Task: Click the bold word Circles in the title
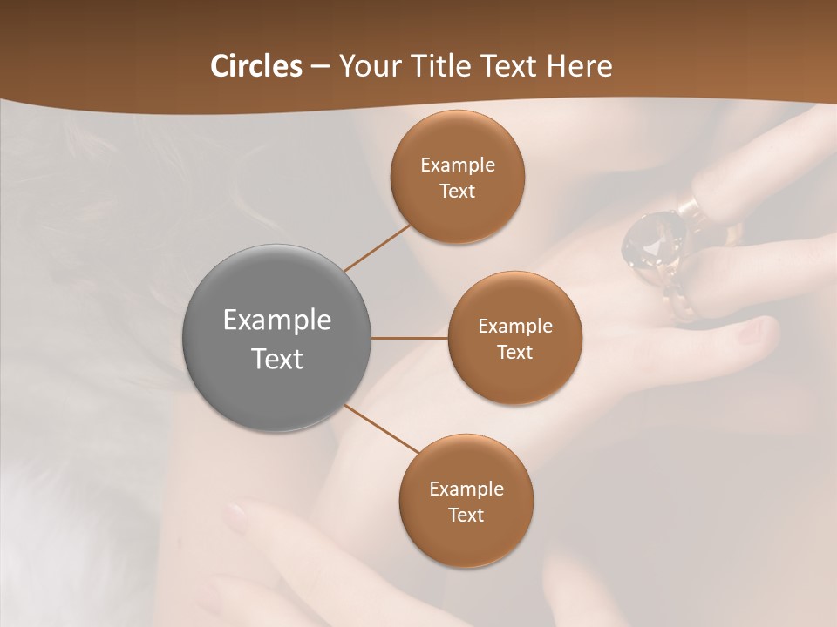[256, 66]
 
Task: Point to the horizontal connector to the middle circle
[410, 338]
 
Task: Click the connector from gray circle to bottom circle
[382, 428]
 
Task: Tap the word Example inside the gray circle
[277, 320]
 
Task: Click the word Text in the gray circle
[277, 359]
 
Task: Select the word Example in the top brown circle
[458, 165]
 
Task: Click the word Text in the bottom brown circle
[466, 516]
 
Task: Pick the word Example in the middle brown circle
[515, 327]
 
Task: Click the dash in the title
[320, 66]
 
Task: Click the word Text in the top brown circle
[457, 192]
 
